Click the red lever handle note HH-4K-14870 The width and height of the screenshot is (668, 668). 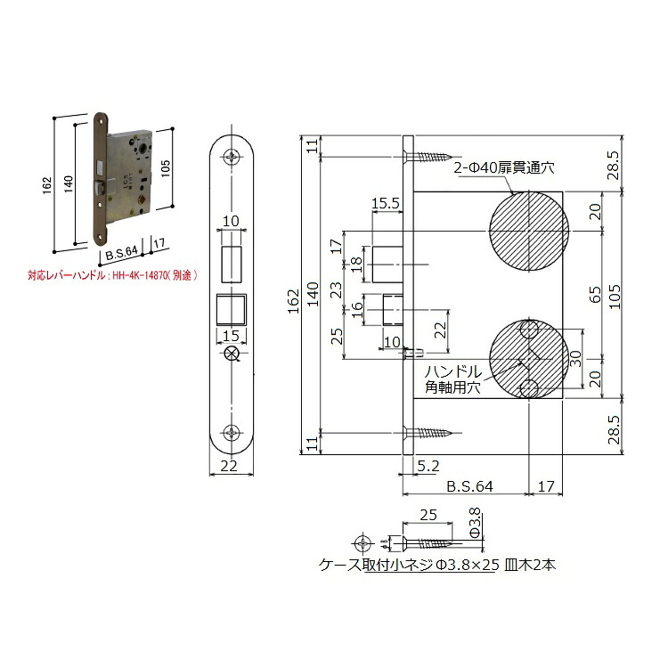pyautogui.click(x=112, y=275)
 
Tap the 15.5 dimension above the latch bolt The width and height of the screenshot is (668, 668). pyautogui.click(x=386, y=204)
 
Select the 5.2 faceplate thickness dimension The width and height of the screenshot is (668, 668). pyautogui.click(x=428, y=466)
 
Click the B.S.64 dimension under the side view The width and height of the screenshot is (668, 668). pyautogui.click(x=469, y=486)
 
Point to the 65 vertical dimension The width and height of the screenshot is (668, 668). pyautogui.click(x=595, y=294)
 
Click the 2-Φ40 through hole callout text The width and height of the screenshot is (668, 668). pyautogui.click(x=504, y=167)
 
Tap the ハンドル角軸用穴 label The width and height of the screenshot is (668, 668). pyautogui.click(x=452, y=379)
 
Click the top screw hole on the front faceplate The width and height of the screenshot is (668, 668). pyautogui.click(x=232, y=156)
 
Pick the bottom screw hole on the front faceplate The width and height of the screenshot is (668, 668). pyautogui.click(x=232, y=433)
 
